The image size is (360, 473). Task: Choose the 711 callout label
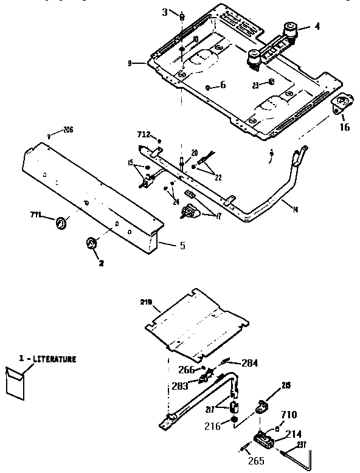point(37,215)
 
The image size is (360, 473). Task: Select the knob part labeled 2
point(91,244)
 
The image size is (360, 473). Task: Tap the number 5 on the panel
point(182,246)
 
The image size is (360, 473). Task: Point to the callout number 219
point(146,302)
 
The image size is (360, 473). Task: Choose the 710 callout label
point(290,415)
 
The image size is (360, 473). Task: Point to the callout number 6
point(223,85)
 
